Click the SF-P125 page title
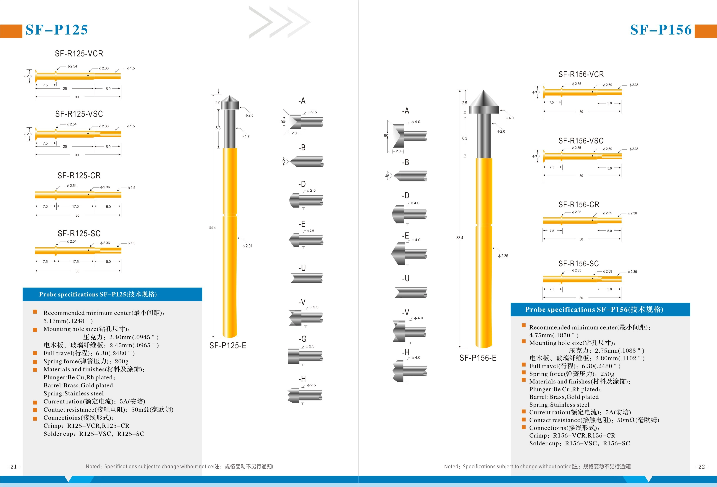tap(57, 30)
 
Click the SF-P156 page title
tap(661, 30)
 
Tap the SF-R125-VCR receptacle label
tap(79, 54)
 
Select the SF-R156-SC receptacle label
tap(578, 264)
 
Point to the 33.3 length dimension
tap(212, 228)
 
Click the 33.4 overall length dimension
tap(460, 238)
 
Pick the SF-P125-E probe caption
tap(228, 346)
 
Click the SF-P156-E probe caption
tap(478, 358)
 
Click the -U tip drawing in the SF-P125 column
tap(307, 278)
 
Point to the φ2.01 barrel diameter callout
tap(247, 246)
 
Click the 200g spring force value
tap(122, 361)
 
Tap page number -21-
tap(14, 467)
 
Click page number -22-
tap(702, 467)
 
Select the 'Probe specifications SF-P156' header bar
tap(600, 309)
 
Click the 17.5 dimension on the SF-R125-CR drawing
tap(75, 207)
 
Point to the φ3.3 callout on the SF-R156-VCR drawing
tap(536, 92)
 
